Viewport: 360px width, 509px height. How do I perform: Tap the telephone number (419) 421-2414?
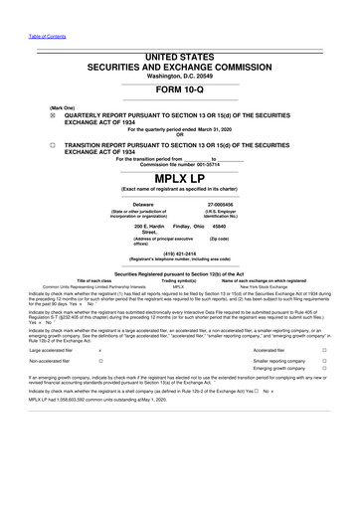click(x=180, y=253)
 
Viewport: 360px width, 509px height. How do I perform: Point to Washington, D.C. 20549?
click(x=179, y=47)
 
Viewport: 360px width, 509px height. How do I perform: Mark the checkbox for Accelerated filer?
click(x=339, y=352)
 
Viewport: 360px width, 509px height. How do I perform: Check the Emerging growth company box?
click(x=339, y=379)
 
